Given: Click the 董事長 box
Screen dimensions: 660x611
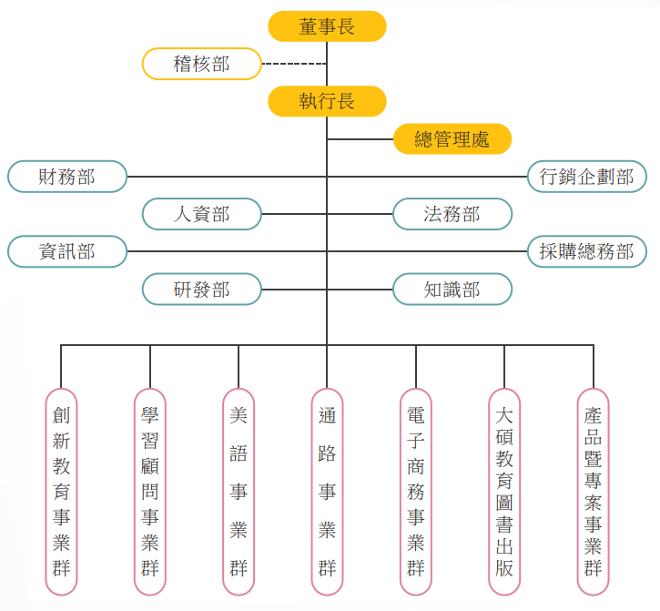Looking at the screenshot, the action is pyautogui.click(x=327, y=26).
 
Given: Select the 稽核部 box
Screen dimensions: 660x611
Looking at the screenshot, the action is pyautogui.click(x=201, y=64).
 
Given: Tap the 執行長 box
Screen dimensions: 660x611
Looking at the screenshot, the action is pyautogui.click(x=327, y=101).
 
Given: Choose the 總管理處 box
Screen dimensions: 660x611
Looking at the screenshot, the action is pyautogui.click(x=452, y=139).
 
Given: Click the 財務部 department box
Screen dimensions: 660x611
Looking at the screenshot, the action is pyautogui.click(x=67, y=177).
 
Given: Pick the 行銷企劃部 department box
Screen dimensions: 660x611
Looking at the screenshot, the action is pyautogui.click(x=587, y=177).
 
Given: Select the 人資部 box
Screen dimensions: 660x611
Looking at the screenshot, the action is pyautogui.click(x=201, y=214).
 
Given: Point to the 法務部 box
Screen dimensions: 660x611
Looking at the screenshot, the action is pyautogui.click(x=452, y=214).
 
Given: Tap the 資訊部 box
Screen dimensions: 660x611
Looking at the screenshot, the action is pyautogui.click(x=67, y=251).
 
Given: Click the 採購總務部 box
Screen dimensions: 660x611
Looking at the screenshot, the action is pyautogui.click(x=587, y=251).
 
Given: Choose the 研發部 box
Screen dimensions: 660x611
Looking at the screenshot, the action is pyautogui.click(x=201, y=290).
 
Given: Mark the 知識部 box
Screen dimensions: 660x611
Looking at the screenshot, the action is pyautogui.click(x=452, y=290).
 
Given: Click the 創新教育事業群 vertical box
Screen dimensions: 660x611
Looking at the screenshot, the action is pyautogui.click(x=61, y=492).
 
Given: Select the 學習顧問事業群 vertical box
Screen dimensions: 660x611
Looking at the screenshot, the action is pyautogui.click(x=150, y=492).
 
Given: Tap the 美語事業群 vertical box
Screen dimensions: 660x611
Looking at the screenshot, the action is pyautogui.click(x=239, y=492).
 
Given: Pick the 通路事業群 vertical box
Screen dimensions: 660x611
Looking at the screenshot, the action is pyautogui.click(x=327, y=492).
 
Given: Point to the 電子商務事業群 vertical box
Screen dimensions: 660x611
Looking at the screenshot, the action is pyautogui.click(x=416, y=492).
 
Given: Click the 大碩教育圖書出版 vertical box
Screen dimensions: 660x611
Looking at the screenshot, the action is pyautogui.click(x=504, y=492).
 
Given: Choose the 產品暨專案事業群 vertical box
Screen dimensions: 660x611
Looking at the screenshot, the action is pyautogui.click(x=593, y=492).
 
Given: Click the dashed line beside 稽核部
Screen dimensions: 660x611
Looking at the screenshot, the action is pyautogui.click(x=294, y=64).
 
